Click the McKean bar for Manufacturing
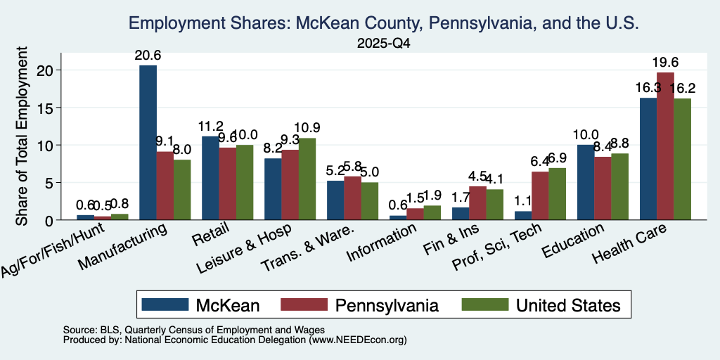pyautogui.click(x=148, y=142)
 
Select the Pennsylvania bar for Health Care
pyautogui.click(x=665, y=146)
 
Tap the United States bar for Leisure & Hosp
pyautogui.click(x=307, y=179)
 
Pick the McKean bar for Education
pyautogui.click(x=586, y=182)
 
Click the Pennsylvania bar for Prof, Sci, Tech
pyautogui.click(x=540, y=195)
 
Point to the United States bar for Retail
pyautogui.click(x=245, y=182)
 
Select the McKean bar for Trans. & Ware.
pyautogui.click(x=335, y=200)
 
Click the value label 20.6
pyautogui.click(x=148, y=56)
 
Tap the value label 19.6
pyautogui.click(x=665, y=63)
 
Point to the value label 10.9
pyautogui.click(x=307, y=128)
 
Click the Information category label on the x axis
pyautogui.click(x=382, y=243)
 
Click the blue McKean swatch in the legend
pyautogui.click(x=165, y=304)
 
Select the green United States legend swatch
pyautogui.click(x=485, y=304)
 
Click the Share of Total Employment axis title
pyautogui.click(x=22, y=136)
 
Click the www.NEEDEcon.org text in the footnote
pyautogui.click(x=358, y=340)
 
